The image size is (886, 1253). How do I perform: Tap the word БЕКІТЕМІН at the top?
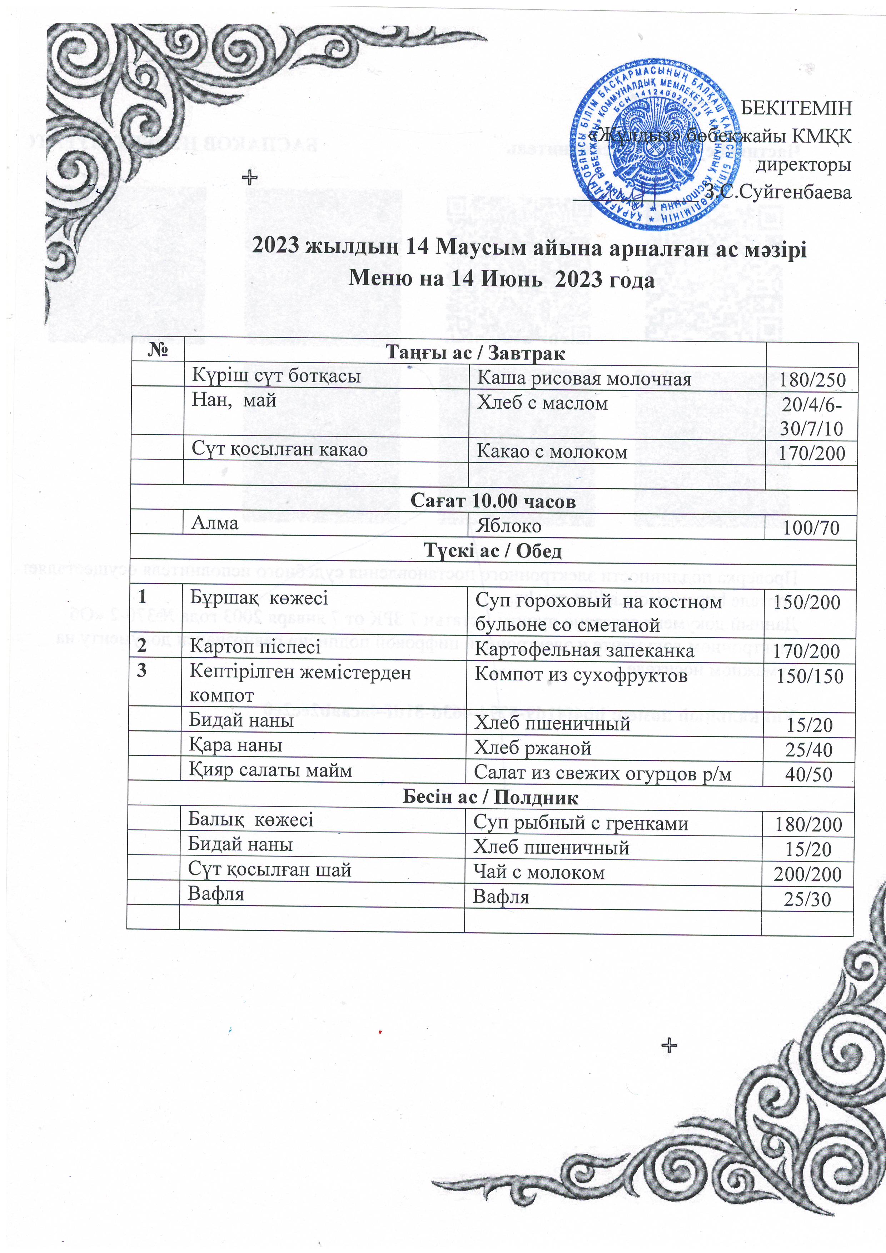pos(796,108)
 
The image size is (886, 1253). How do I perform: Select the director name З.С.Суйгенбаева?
pos(778,192)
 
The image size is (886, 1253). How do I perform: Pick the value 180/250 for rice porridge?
pos(812,380)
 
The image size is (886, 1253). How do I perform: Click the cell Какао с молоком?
pos(551,451)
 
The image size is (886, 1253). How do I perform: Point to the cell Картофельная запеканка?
pos(584,650)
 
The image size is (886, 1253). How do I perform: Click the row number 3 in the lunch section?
pos(142,670)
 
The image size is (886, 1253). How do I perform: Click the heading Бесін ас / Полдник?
pos(490,797)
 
